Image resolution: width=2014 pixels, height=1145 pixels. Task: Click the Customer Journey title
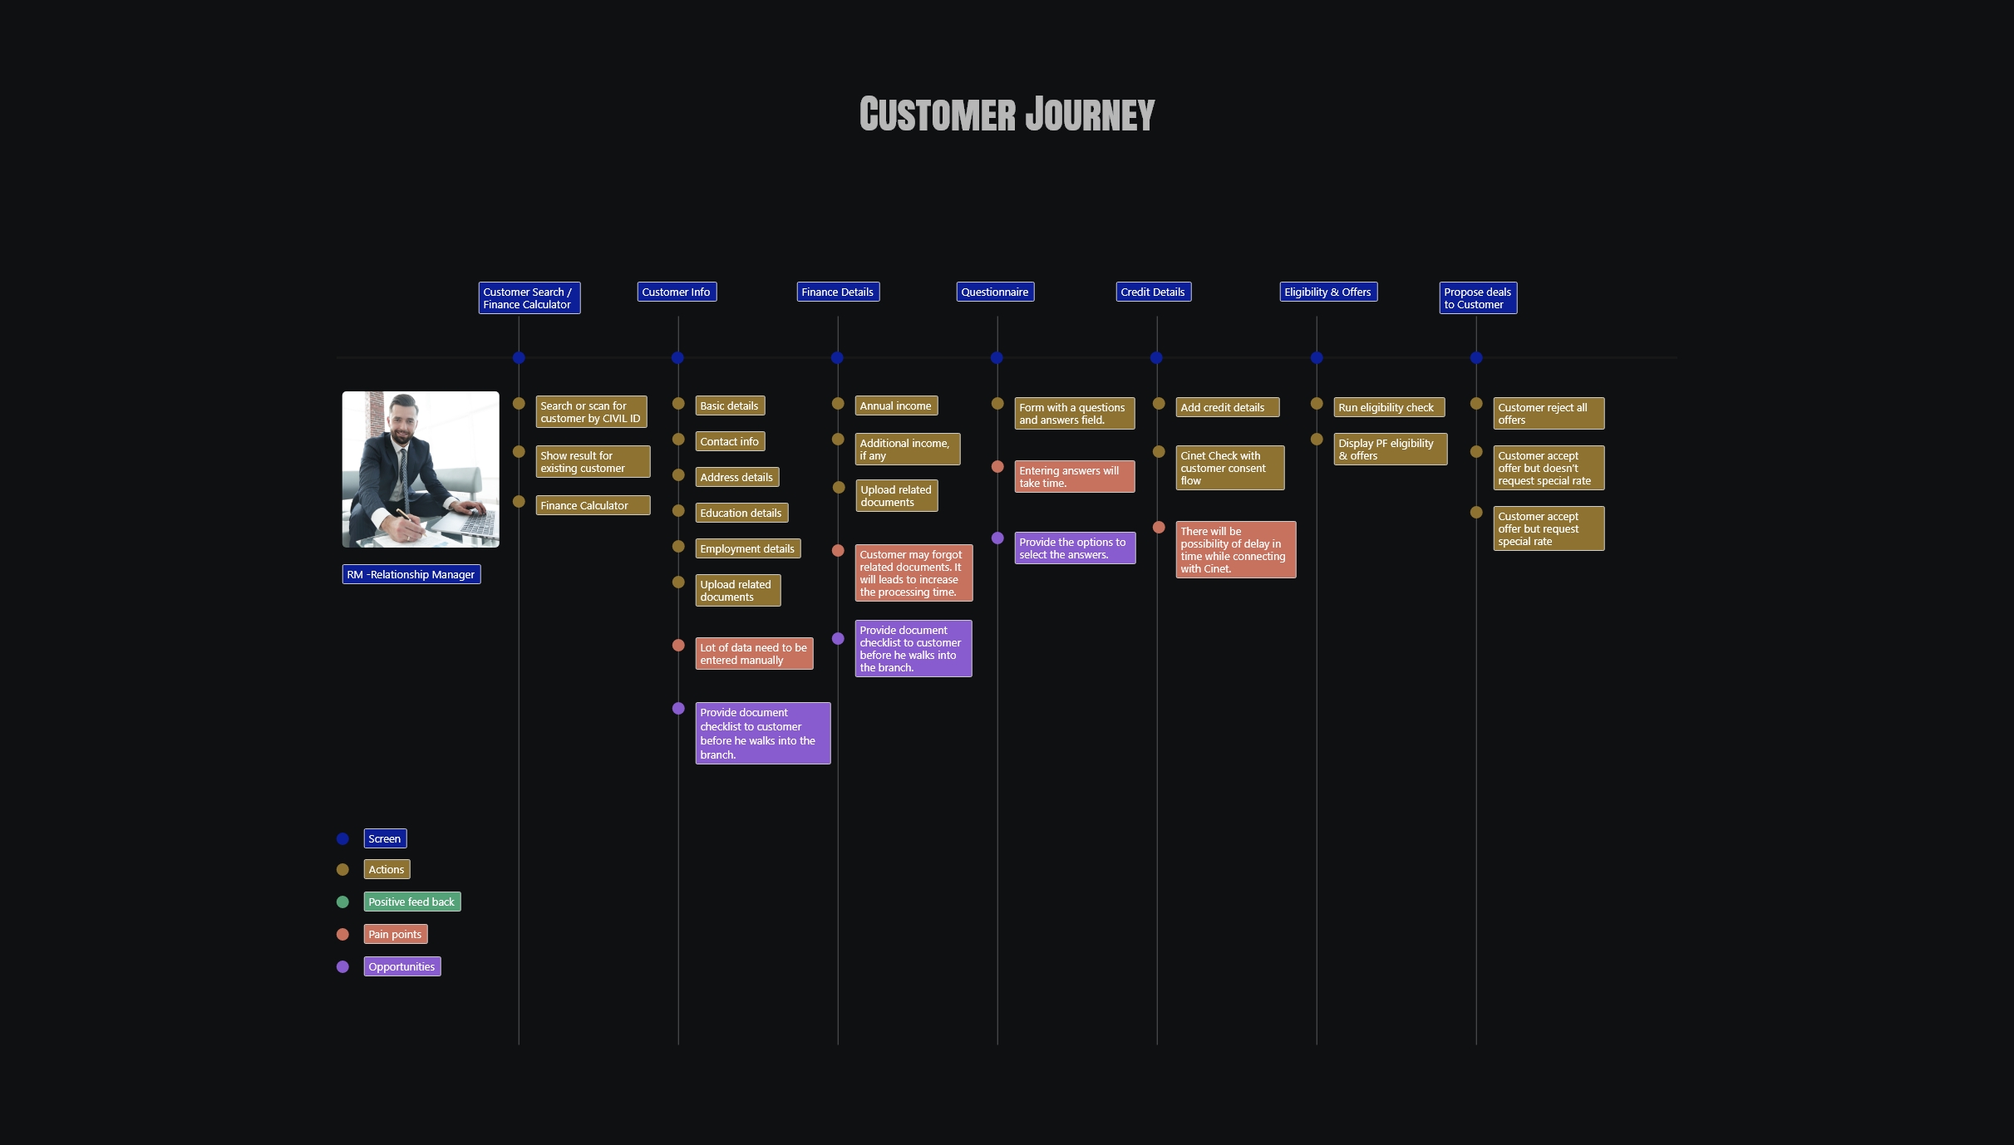[1007, 115]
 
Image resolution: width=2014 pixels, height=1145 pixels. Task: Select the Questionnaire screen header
[995, 292]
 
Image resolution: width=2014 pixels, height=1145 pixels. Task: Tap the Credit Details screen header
[1153, 292]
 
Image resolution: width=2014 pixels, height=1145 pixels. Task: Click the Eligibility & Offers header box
[1327, 292]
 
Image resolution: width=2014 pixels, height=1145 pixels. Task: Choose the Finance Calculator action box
[592, 505]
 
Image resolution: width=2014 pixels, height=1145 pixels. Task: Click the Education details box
[741, 514]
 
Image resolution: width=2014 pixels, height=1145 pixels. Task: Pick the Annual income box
[895, 406]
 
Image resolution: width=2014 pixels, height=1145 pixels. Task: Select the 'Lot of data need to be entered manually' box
[753, 654]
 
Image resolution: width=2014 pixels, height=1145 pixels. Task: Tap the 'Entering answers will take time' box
[1074, 477]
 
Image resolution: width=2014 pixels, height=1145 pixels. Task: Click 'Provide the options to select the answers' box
[1074, 548]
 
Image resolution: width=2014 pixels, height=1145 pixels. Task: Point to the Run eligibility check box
[1388, 408]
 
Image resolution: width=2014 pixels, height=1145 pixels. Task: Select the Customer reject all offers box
[1548, 414]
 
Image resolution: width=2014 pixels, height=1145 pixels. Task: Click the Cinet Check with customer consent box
[1229, 468]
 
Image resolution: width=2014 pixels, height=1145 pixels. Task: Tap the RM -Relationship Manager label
[411, 575]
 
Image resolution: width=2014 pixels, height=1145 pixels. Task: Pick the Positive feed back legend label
[411, 902]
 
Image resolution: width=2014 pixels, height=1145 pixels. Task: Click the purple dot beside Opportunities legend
[342, 967]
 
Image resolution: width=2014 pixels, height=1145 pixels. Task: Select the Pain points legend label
[395, 935]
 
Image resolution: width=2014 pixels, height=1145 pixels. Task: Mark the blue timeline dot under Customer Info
[677, 358]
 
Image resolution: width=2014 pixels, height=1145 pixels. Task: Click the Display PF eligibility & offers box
[1390, 450]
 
